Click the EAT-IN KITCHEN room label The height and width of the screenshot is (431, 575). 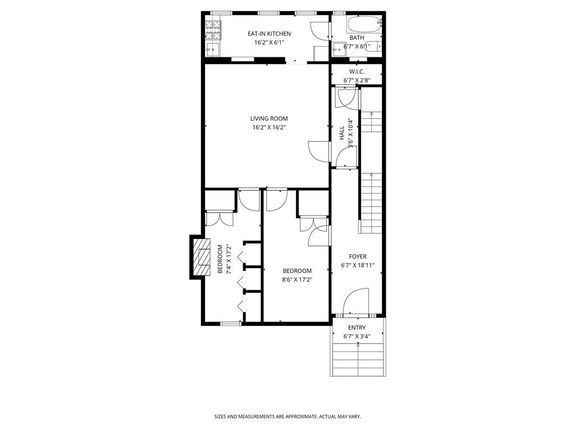(269, 34)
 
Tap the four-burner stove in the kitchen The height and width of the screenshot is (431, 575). (213, 29)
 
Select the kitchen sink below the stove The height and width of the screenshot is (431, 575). (213, 49)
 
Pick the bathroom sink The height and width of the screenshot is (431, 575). (339, 49)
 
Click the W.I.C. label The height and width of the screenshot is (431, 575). (357, 72)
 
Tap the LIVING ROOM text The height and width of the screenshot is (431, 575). (269, 118)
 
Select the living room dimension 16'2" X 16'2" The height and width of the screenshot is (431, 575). (269, 127)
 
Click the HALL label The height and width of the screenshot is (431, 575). (342, 133)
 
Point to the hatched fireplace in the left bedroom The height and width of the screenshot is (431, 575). (199, 257)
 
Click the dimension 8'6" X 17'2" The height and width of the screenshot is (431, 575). (296, 279)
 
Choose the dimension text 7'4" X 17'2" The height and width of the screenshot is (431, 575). (229, 259)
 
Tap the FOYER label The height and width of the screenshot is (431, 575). (357, 256)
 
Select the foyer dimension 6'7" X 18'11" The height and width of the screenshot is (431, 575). (357, 265)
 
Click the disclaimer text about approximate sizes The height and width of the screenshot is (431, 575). (287, 417)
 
